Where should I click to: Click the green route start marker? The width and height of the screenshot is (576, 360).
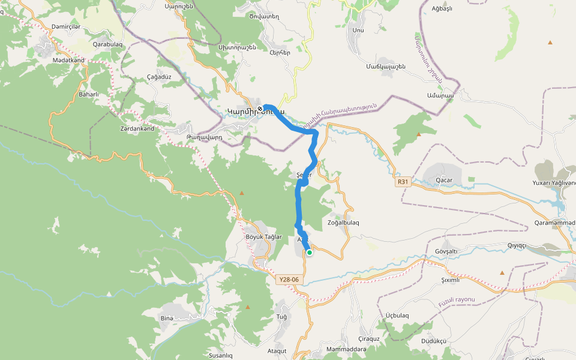click(310, 253)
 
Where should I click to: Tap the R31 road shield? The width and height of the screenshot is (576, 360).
click(403, 182)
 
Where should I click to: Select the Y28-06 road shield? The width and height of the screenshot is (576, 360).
click(289, 280)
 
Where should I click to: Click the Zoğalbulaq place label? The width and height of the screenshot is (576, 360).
click(343, 223)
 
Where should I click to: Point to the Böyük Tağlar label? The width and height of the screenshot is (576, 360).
click(263, 237)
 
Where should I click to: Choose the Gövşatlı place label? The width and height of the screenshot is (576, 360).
click(445, 251)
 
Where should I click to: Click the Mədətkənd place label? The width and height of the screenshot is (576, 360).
click(68, 60)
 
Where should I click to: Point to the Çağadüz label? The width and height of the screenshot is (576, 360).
click(160, 77)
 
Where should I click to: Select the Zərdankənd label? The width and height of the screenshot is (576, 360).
click(137, 128)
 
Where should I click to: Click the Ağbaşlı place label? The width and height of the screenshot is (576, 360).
click(442, 8)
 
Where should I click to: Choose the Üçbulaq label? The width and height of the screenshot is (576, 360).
click(397, 316)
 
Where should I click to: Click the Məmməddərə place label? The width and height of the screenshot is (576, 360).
click(346, 349)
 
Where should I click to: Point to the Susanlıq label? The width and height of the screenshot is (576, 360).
click(220, 355)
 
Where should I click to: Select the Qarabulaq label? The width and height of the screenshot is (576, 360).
click(107, 44)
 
